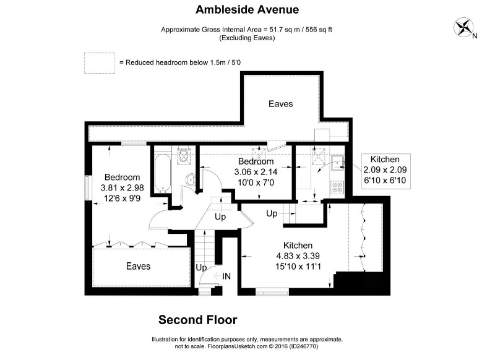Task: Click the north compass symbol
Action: (x=464, y=27)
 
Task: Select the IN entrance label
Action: (x=227, y=276)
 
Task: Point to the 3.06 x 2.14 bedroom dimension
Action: (x=254, y=172)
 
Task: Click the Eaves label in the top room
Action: (x=280, y=104)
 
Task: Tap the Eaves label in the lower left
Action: (x=138, y=266)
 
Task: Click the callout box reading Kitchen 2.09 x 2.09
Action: (x=385, y=169)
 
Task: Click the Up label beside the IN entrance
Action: (x=201, y=268)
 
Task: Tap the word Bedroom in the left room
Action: (x=122, y=177)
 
